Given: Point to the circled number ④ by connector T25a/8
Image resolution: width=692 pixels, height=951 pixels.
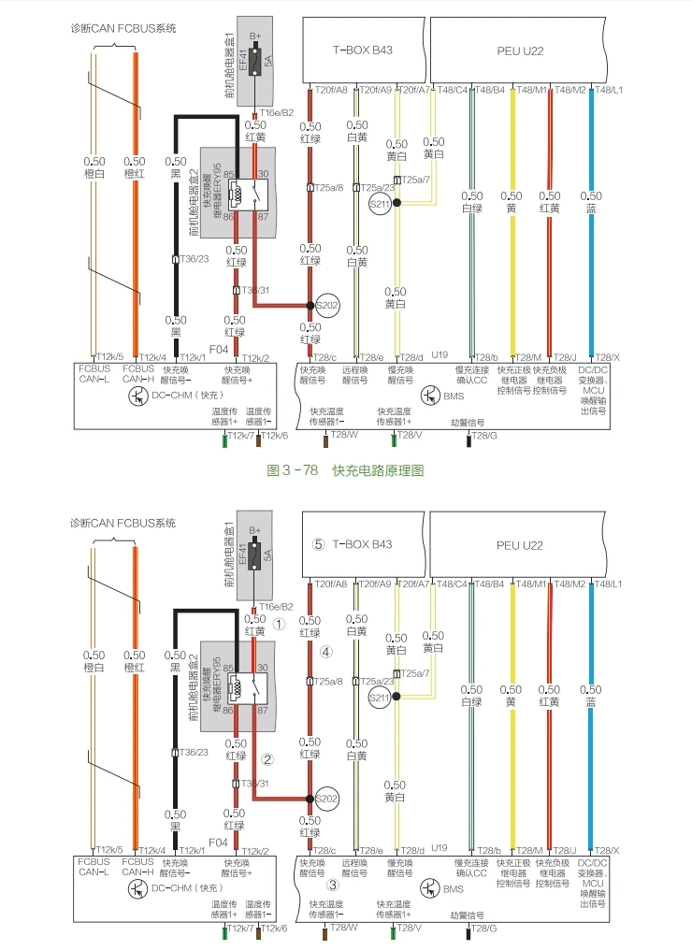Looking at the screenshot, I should pyautogui.click(x=325, y=651).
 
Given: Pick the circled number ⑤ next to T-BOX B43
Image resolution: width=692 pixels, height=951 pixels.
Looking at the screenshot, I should pyautogui.click(x=318, y=543).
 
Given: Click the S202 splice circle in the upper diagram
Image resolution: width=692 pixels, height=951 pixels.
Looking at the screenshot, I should pyautogui.click(x=325, y=305).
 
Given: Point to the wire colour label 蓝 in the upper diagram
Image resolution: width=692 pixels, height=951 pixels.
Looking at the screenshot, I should pyautogui.click(x=591, y=209).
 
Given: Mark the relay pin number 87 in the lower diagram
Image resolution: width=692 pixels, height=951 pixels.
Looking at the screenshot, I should pyautogui.click(x=263, y=711).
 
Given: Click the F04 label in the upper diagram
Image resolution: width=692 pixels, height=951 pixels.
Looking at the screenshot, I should pyautogui.click(x=219, y=349).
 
